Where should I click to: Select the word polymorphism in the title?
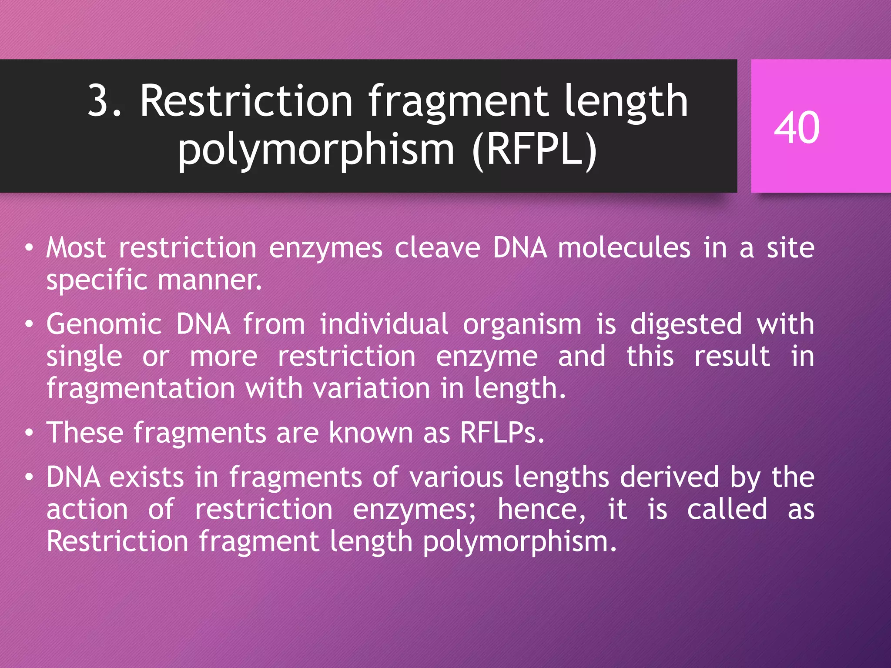point(316,150)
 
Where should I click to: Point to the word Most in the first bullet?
point(76,248)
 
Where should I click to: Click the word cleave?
point(437,248)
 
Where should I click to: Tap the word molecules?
point(624,248)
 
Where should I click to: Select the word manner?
point(210,280)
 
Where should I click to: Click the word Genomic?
point(104,324)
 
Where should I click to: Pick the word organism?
point(522,324)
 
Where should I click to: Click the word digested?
point(686,324)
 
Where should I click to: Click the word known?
point(371,433)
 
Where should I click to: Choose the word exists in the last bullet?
point(147,477)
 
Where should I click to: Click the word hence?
point(541,509)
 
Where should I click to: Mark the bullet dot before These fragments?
point(29,433)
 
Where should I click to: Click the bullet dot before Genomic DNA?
point(29,325)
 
